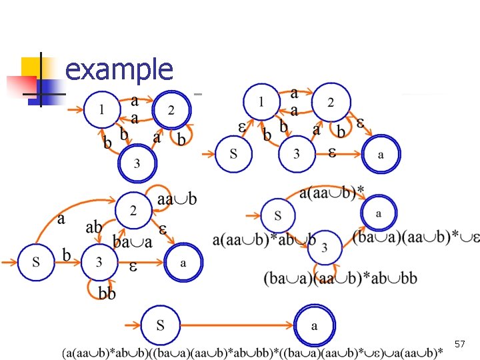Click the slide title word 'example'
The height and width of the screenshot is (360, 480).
[119, 69]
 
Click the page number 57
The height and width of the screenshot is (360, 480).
[459, 344]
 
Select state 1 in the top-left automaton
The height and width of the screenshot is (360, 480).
[101, 109]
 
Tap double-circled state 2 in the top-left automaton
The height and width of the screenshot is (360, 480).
[171, 109]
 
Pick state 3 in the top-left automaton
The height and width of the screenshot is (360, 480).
[137, 163]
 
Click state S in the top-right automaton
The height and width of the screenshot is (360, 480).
[233, 155]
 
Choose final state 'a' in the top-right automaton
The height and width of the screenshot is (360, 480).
[381, 155]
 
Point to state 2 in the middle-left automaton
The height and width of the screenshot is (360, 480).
[133, 211]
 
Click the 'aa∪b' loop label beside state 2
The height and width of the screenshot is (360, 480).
[177, 199]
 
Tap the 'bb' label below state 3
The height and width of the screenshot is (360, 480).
[107, 293]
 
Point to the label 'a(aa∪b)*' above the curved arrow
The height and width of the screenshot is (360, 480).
[332, 192]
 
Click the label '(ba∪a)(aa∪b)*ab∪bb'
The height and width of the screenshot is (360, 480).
[340, 277]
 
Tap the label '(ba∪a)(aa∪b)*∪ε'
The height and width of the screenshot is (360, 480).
[415, 237]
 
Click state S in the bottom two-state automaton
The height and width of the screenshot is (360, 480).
[160, 325]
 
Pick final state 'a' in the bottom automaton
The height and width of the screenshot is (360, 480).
[314, 326]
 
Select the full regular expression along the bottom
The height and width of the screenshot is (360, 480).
[253, 351]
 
